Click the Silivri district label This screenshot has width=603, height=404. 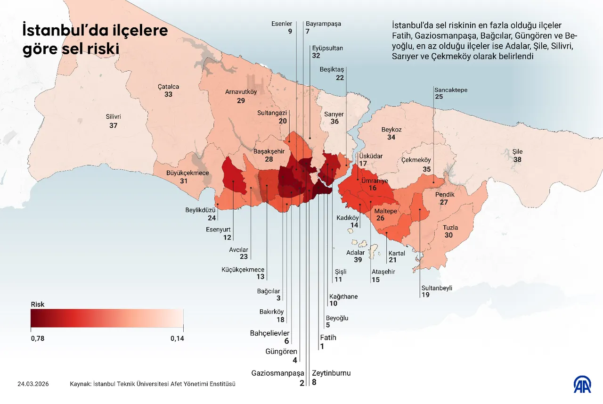point(113,117)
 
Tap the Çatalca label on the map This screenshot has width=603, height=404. point(168,87)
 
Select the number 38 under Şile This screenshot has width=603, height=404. point(517,160)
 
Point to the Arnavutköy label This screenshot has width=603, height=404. point(241,92)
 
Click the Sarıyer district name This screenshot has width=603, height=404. point(334,114)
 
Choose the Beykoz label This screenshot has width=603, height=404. point(391,129)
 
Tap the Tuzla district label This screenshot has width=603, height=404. point(450,228)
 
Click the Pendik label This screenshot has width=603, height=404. point(444,195)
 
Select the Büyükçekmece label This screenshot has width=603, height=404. point(187,173)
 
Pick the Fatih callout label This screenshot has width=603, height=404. point(328,338)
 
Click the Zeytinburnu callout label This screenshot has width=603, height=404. point(331,373)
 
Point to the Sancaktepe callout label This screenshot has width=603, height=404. point(451,90)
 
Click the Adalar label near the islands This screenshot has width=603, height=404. point(355,253)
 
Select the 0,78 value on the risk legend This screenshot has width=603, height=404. point(37,338)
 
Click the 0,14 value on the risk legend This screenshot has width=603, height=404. point(177,338)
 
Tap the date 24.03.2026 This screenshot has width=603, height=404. point(33,384)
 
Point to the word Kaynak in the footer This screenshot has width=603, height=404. point(80,384)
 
